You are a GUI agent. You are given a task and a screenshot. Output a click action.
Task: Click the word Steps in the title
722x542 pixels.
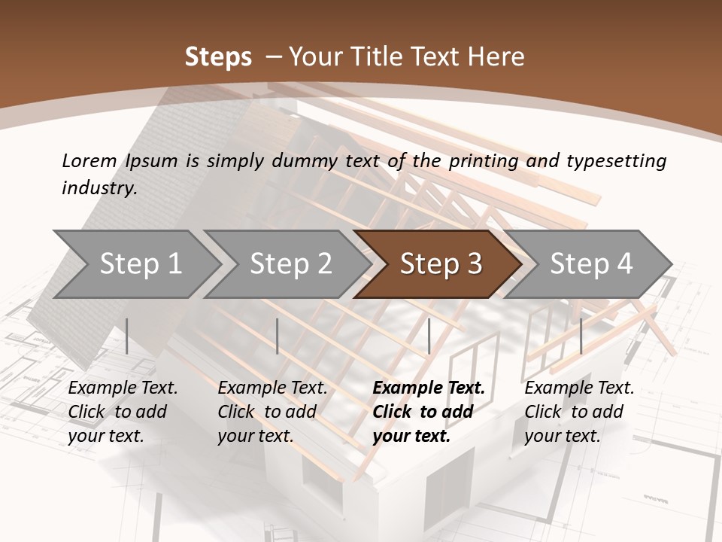218,57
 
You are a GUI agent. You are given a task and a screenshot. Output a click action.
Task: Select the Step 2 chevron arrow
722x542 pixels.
290,263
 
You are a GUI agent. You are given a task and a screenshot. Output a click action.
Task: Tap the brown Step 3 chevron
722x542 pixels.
440,263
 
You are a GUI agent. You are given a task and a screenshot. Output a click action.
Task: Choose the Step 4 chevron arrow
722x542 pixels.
590,263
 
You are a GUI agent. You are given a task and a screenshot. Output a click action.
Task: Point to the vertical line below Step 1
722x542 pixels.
127,336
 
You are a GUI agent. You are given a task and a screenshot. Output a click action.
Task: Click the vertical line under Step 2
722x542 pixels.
278,336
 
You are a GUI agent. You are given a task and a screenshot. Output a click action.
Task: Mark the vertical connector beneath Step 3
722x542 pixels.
429,336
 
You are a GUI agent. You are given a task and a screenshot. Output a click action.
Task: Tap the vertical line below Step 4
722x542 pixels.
581,336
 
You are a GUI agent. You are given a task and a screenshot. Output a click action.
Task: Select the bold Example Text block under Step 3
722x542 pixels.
429,412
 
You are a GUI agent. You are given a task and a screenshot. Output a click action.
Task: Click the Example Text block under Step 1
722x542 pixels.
123,412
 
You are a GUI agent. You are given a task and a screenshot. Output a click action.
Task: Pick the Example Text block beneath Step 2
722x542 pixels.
272,412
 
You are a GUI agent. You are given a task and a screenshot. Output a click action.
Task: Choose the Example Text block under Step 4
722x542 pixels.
579,412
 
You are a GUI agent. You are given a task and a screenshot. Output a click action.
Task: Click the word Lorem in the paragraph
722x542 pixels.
89,160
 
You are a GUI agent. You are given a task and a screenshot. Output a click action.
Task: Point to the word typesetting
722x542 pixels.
616,161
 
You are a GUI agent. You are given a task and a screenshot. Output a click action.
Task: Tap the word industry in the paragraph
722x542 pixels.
99,188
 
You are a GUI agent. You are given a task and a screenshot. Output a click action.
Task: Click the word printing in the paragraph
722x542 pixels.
483,161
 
